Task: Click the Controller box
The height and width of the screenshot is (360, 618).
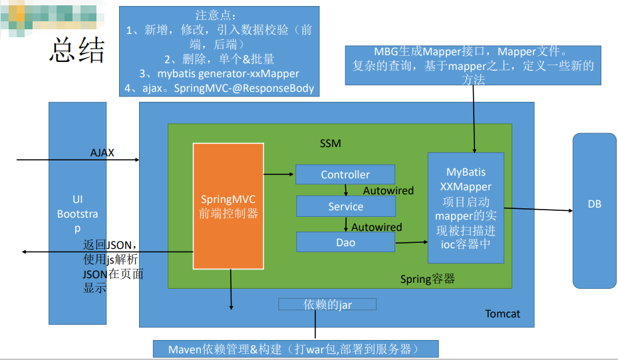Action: [345, 174]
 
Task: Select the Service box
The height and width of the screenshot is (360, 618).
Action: [345, 206]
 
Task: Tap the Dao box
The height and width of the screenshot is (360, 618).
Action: [345, 242]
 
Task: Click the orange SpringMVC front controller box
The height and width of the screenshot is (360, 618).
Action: [228, 206]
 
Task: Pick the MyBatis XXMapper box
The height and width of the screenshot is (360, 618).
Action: [466, 207]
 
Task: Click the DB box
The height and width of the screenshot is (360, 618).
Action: [594, 204]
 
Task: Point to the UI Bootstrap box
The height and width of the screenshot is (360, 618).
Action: [77, 213]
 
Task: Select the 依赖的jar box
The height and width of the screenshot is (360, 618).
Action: [327, 304]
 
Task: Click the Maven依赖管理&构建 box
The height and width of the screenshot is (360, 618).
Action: [295, 349]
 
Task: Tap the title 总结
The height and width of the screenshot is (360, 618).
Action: [77, 51]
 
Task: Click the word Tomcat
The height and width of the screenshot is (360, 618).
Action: [502, 313]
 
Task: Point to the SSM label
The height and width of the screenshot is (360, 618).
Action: [330, 143]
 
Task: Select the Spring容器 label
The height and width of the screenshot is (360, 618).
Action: [427, 279]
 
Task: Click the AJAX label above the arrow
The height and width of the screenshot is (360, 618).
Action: [102, 152]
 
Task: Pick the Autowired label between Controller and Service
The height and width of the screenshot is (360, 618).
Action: [388, 190]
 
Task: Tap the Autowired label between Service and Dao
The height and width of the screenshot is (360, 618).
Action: [377, 227]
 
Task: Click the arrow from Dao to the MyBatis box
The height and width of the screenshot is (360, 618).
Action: [411, 244]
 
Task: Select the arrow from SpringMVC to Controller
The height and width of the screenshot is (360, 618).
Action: [279, 174]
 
